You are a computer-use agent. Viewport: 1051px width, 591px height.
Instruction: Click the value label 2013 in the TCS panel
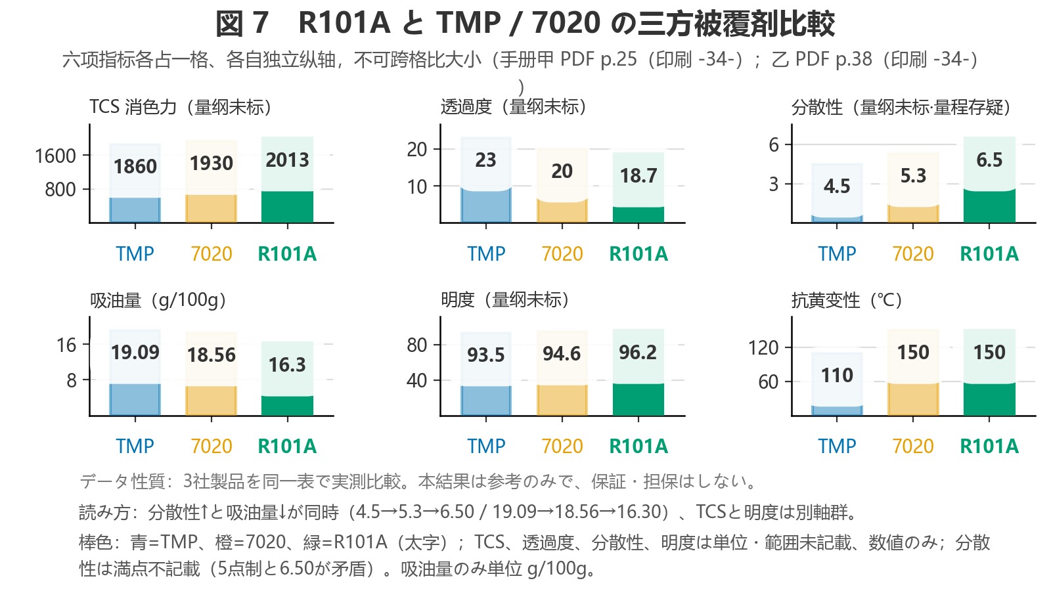click(x=287, y=160)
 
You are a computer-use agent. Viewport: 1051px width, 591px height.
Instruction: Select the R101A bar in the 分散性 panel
click(x=989, y=206)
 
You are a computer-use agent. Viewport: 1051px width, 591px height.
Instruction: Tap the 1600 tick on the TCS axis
click(x=55, y=156)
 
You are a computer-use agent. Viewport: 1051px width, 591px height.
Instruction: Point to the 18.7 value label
click(x=638, y=176)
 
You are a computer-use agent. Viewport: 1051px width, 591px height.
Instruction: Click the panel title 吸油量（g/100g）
click(x=158, y=300)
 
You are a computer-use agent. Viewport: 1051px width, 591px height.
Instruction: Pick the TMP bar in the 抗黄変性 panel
click(x=837, y=410)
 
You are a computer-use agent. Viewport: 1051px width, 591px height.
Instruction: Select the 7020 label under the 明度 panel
click(x=562, y=446)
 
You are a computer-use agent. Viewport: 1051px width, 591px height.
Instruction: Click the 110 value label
click(x=837, y=375)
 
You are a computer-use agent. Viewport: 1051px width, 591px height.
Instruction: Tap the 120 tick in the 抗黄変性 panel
click(x=763, y=347)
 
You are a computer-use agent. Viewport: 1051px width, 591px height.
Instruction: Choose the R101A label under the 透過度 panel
click(x=638, y=253)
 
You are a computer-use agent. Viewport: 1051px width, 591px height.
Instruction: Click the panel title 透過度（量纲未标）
click(x=513, y=107)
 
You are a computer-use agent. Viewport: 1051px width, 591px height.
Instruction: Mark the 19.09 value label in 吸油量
click(x=135, y=352)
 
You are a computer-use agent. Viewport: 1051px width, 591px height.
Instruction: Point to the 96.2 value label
click(x=638, y=352)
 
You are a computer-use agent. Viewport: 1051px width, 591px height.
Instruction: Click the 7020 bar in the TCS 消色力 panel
click(x=211, y=208)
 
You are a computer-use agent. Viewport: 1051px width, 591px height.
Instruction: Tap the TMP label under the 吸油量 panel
click(x=135, y=446)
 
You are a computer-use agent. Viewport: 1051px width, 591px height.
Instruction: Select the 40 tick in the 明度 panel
click(x=416, y=380)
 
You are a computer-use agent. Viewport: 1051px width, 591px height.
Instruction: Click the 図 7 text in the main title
click(x=242, y=23)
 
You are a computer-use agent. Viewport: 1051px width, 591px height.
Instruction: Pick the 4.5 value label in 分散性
click(x=837, y=186)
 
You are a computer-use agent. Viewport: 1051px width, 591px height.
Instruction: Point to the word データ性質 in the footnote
click(x=122, y=481)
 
